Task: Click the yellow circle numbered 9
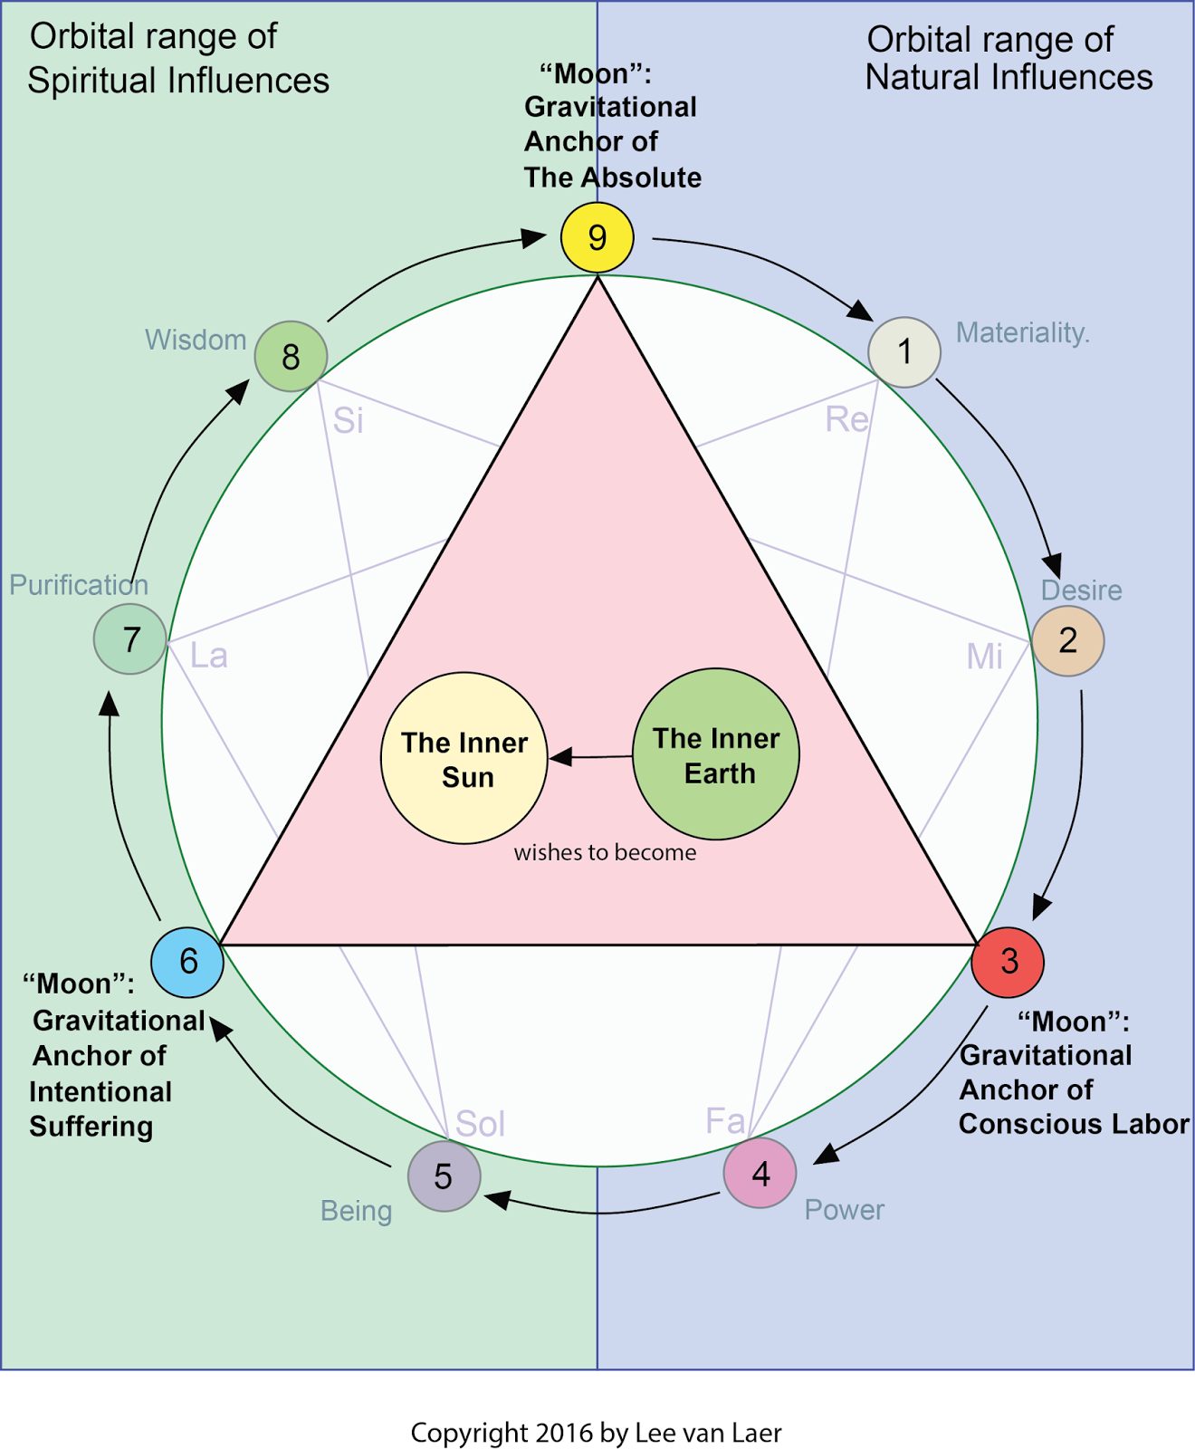(x=597, y=237)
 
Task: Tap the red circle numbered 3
(x=1008, y=962)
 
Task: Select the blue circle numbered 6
(x=187, y=961)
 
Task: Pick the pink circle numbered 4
(x=760, y=1174)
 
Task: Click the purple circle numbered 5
(x=444, y=1176)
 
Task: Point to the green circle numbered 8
(x=291, y=356)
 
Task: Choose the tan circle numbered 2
(x=1068, y=641)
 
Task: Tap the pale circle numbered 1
(x=904, y=351)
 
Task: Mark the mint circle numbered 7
(x=130, y=639)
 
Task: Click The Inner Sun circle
(x=464, y=759)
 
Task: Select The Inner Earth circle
(x=716, y=754)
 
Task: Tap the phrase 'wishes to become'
(x=605, y=852)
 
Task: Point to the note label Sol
(x=480, y=1124)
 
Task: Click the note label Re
(x=846, y=419)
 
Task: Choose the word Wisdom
(x=196, y=340)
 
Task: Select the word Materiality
(x=1022, y=333)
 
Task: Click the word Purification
(x=79, y=585)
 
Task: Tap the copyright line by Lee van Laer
(x=596, y=1433)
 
